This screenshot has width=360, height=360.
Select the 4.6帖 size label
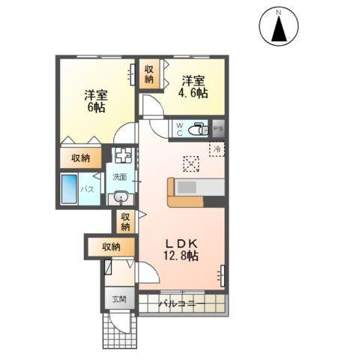click(x=192, y=94)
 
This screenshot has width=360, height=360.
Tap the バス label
click(x=87, y=190)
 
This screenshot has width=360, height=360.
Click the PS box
click(x=218, y=129)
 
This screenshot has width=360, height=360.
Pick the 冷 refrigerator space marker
click(x=215, y=149)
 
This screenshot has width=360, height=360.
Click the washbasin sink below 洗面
click(x=121, y=198)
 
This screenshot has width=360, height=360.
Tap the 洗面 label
click(x=120, y=178)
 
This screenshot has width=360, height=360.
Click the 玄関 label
click(x=119, y=300)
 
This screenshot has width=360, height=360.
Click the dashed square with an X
click(x=191, y=163)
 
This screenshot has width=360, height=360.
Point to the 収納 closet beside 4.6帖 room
click(x=149, y=76)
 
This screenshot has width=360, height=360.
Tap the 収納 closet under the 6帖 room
click(x=81, y=158)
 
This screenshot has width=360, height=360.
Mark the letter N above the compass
click(x=278, y=12)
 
